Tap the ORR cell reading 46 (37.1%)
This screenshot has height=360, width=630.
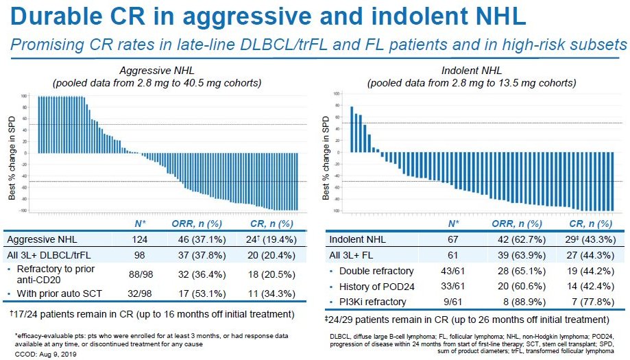pos(190,239)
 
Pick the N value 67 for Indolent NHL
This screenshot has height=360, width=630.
pos(453,239)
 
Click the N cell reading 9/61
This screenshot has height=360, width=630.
pos(453,302)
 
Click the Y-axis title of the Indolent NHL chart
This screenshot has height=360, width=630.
pos(326,153)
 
